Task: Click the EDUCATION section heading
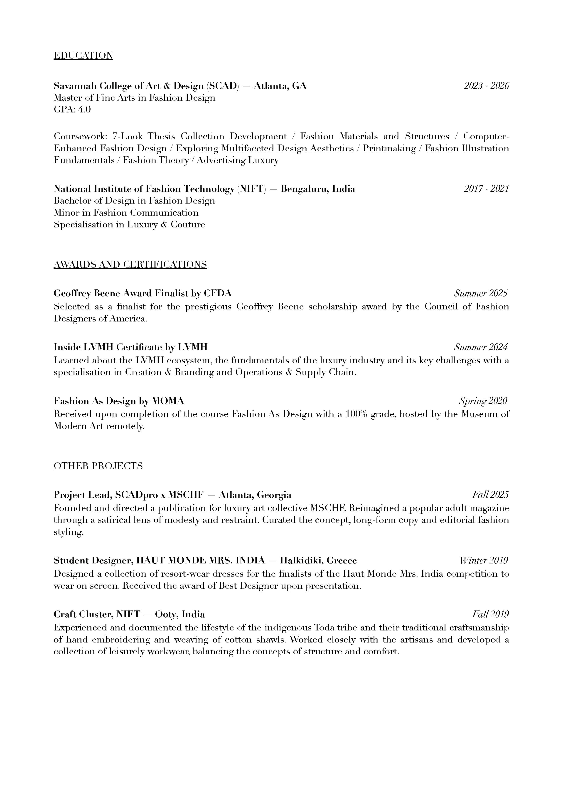(83, 55)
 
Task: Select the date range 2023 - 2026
(486, 86)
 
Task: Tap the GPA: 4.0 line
(72, 110)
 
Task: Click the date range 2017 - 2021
(486, 189)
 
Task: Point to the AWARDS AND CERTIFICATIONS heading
(130, 264)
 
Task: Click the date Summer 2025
(480, 293)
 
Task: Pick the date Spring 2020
(483, 401)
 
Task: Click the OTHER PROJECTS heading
(98, 466)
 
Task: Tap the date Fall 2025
(490, 495)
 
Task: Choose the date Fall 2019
(490, 614)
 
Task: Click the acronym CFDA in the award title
(217, 293)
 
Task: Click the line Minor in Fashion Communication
(126, 212)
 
